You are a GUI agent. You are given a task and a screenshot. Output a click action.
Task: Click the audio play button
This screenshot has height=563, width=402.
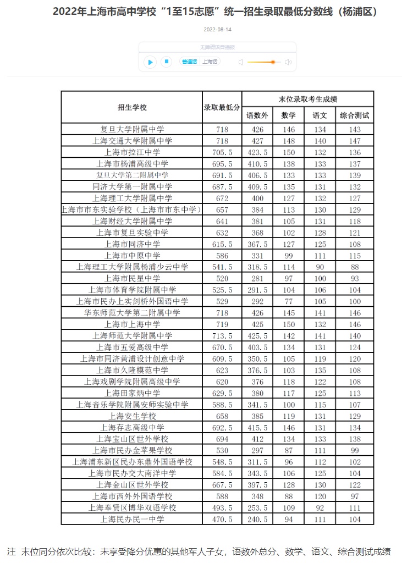click(x=150, y=62)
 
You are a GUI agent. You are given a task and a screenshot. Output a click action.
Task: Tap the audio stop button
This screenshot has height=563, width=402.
click(x=166, y=62)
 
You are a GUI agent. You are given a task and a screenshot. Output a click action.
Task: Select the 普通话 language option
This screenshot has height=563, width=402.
click(x=190, y=62)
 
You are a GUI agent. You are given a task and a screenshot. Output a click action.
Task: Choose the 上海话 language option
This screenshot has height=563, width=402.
click(x=210, y=62)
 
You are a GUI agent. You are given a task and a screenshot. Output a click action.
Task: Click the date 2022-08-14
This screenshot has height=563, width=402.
click(x=217, y=29)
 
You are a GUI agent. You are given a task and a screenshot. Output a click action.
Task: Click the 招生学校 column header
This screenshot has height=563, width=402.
click(x=132, y=107)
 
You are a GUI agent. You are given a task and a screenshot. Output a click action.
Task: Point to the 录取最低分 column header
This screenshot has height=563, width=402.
click(x=222, y=107)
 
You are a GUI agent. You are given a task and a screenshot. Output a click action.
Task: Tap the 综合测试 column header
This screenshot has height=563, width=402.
click(x=354, y=115)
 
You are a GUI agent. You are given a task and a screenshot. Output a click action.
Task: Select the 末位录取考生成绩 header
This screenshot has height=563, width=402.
click(x=308, y=99)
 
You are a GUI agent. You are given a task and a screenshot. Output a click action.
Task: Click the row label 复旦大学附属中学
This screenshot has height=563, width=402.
click(x=132, y=129)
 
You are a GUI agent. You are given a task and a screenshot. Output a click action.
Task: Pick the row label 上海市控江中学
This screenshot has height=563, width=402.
click(x=132, y=152)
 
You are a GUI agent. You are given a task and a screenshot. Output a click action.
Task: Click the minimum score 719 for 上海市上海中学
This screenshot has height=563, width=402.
click(x=222, y=324)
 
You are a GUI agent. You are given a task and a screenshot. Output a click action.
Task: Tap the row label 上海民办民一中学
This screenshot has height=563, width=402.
click(x=132, y=518)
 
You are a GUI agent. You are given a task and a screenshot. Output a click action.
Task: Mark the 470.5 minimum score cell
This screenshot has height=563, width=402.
click(x=222, y=518)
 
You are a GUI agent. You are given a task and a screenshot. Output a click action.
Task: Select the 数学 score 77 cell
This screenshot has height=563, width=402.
click(x=288, y=301)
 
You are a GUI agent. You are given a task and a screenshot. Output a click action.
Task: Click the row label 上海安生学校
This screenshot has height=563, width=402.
click(x=132, y=416)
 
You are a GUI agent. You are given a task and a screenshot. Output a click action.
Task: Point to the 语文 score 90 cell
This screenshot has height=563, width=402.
click(x=320, y=267)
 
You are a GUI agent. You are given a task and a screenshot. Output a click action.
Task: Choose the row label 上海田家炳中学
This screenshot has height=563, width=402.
click(x=132, y=393)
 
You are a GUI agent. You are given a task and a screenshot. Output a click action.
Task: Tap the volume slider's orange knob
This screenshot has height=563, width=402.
click(x=273, y=62)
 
